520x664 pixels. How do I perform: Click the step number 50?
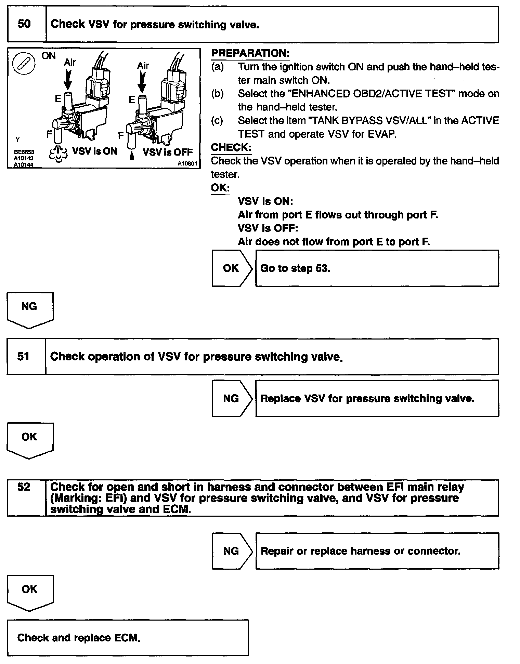click(24, 24)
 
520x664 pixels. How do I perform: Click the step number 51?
click(23, 356)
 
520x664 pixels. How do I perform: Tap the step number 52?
click(24, 487)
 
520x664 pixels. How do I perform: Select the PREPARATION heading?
click(250, 53)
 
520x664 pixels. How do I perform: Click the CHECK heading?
click(231, 147)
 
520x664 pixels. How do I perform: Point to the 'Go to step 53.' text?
click(295, 268)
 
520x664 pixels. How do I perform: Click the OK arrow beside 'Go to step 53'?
click(232, 268)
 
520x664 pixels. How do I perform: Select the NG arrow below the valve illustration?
click(29, 309)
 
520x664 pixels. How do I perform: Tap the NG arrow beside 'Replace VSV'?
click(232, 398)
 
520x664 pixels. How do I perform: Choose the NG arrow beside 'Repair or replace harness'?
click(232, 551)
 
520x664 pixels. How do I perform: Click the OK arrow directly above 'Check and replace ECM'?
click(29, 592)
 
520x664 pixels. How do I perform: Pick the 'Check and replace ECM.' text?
click(79, 638)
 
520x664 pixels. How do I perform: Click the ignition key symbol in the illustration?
click(24, 64)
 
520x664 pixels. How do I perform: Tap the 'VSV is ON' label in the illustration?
click(95, 151)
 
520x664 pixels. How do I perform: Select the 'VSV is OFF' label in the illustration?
click(168, 152)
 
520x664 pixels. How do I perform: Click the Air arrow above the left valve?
click(68, 80)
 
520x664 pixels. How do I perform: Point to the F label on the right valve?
click(121, 136)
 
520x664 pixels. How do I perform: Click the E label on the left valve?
click(58, 98)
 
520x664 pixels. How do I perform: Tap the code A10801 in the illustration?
click(187, 164)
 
